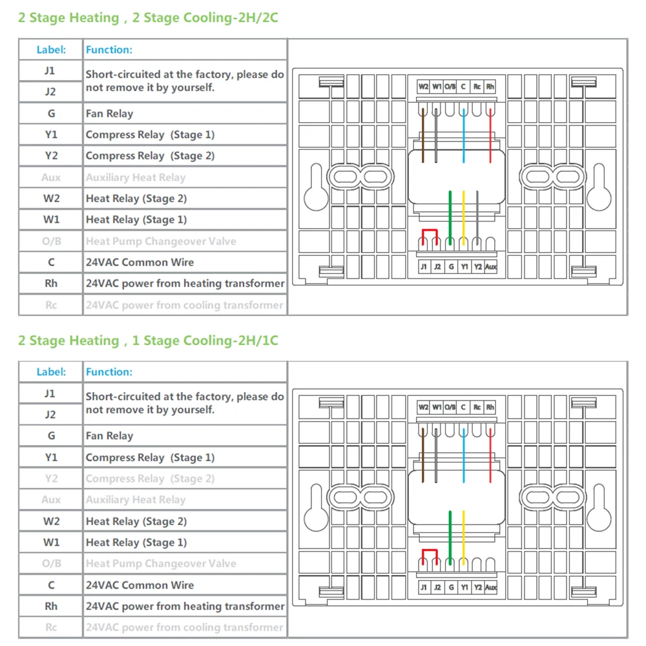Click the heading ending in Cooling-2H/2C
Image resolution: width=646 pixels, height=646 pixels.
(x=148, y=18)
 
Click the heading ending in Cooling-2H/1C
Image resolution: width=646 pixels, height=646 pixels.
(x=148, y=340)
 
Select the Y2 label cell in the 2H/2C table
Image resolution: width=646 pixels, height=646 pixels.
(x=51, y=156)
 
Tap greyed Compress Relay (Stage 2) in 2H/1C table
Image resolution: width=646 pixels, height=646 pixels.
(x=150, y=479)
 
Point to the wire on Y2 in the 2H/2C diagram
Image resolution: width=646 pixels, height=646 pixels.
(x=477, y=213)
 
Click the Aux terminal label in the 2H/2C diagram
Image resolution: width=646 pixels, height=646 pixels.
(x=491, y=266)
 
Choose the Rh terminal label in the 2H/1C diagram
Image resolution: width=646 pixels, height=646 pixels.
(x=490, y=408)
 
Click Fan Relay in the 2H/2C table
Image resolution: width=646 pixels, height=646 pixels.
(x=109, y=114)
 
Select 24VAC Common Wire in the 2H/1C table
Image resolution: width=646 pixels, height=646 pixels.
(x=140, y=585)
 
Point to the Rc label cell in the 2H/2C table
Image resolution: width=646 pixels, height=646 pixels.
(x=51, y=305)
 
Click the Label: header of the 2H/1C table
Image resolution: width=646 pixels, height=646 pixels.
(x=51, y=372)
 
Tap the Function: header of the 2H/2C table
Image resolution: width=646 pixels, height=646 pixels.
(x=109, y=50)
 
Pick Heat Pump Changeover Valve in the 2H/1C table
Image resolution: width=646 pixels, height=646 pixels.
(x=161, y=564)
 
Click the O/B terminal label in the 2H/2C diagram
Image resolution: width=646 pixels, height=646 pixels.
(x=450, y=86)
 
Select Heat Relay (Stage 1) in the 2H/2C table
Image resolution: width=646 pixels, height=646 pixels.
(x=136, y=220)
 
